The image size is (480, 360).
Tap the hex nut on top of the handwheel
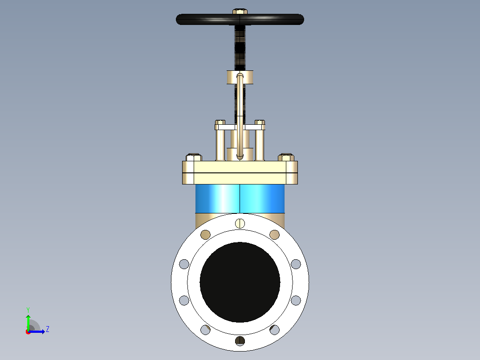[x=240, y=11]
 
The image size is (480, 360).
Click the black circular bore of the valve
[x=240, y=282]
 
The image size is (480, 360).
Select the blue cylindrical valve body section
[x=240, y=199]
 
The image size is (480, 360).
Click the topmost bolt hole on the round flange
[x=240, y=223]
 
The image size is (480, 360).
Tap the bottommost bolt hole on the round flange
[x=240, y=341]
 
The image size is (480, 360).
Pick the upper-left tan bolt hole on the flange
[x=205, y=235]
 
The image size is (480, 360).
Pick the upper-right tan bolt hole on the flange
[x=275, y=235]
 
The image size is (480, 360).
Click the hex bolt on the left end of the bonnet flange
[x=194, y=157]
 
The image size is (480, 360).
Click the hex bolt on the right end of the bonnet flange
[x=286, y=157]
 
